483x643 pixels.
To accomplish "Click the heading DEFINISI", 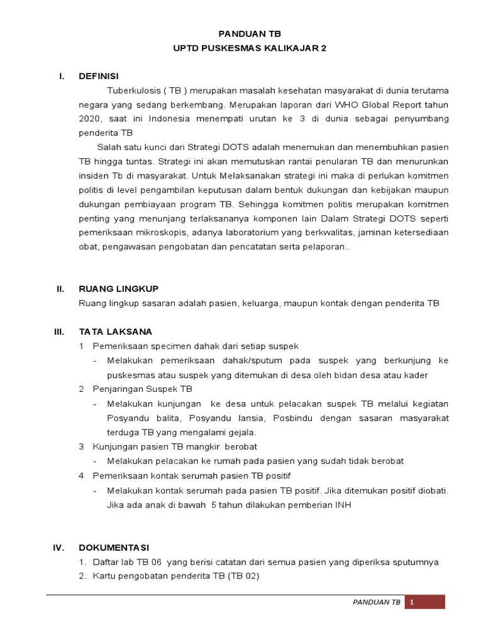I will click(98, 76).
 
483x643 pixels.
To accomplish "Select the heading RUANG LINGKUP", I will click(118, 288).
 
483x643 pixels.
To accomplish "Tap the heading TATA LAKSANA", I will click(115, 331).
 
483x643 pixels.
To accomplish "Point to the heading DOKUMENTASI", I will click(114, 547).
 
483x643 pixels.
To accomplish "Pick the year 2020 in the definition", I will click(91, 118).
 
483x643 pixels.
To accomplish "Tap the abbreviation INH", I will click(341, 504).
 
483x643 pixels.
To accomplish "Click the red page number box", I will click(425, 602).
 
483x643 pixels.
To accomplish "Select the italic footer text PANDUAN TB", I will click(375, 602).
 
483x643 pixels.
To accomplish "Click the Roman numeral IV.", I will click(60, 547).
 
